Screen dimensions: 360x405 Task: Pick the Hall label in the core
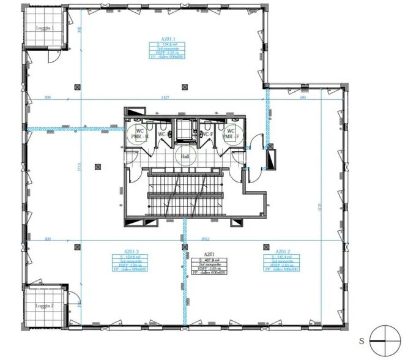(x=184, y=157)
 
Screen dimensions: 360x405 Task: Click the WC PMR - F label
(x=231, y=134)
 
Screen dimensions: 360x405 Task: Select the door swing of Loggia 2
(x=73, y=302)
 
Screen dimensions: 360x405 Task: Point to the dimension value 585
(x=303, y=97)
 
